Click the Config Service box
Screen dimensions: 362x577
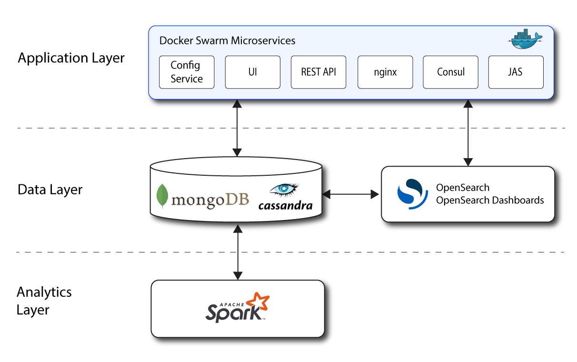tap(186, 72)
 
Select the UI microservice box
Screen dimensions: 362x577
tap(252, 72)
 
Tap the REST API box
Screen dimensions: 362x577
tap(318, 72)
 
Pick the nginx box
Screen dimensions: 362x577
tap(385, 72)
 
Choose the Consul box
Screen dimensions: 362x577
tap(450, 72)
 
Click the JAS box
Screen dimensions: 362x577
tap(516, 72)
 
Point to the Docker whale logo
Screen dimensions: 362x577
tap(526, 39)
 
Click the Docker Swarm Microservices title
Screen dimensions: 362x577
tap(227, 40)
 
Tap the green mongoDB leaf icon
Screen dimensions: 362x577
tap(162, 196)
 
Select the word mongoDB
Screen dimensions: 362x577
tap(210, 200)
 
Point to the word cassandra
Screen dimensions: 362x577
tap(285, 206)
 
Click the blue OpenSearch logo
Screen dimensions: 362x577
tap(410, 194)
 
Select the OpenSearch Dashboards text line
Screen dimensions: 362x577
tap(490, 200)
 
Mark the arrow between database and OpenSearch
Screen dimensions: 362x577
tap(351, 194)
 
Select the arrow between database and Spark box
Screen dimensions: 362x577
tap(237, 252)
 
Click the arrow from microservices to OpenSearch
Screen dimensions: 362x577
tap(468, 133)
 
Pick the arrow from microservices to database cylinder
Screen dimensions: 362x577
tap(237, 128)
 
